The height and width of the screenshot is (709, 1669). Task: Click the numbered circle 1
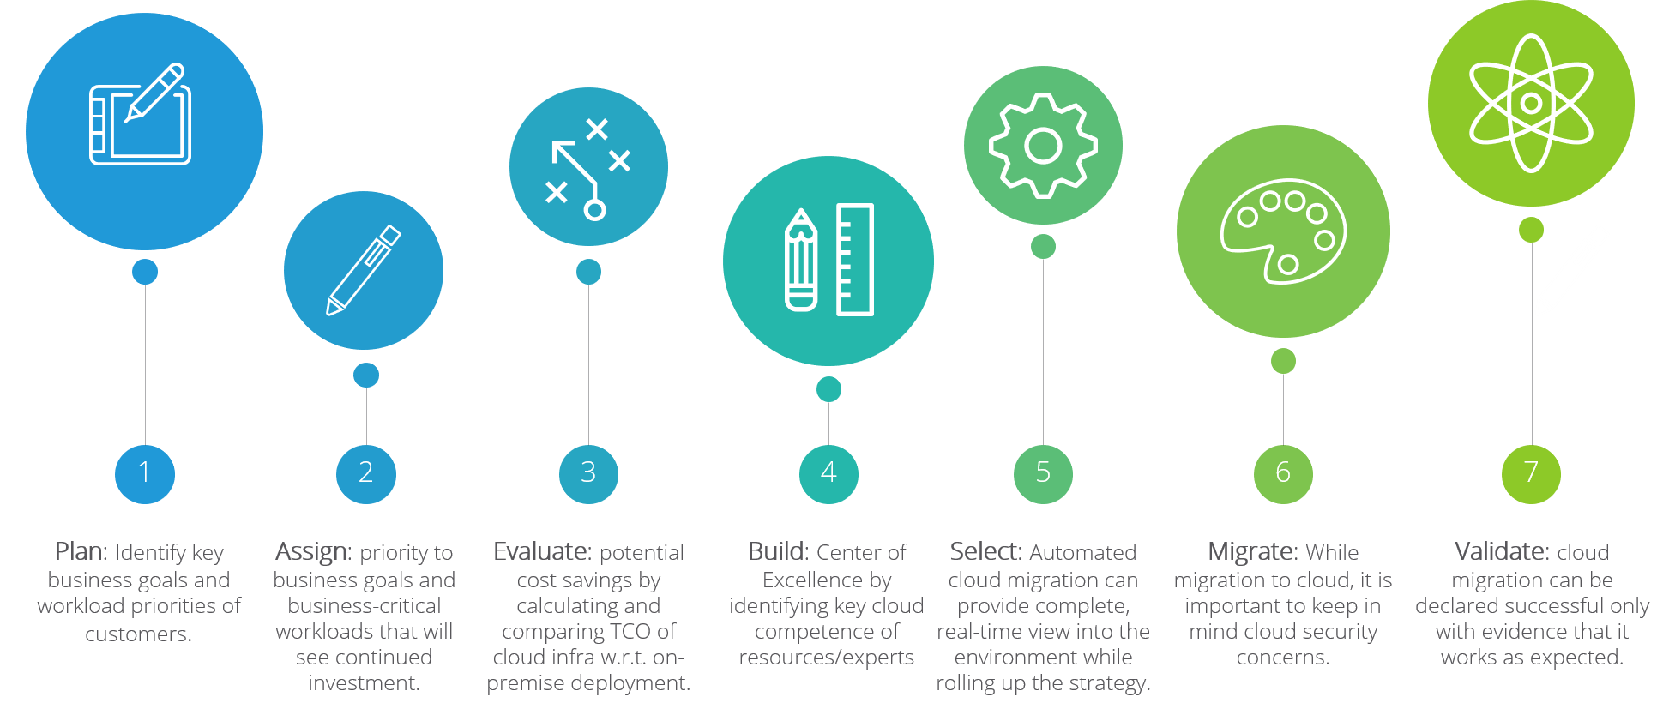tap(144, 473)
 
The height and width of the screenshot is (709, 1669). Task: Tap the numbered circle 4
tap(828, 473)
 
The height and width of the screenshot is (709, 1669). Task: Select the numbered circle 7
tap(1531, 473)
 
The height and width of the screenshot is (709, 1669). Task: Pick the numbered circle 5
tap(1043, 473)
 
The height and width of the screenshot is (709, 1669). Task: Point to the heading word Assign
tap(312, 552)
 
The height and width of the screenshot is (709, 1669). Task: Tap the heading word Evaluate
tap(542, 551)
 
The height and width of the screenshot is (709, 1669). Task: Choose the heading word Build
tap(778, 551)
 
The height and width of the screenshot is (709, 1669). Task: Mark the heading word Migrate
tap(1252, 552)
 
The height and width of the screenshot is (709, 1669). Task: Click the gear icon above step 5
tap(1043, 147)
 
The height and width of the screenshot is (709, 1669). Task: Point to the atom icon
tap(1531, 103)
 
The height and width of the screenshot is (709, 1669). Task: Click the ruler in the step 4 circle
tap(854, 260)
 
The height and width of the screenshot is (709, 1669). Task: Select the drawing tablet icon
tap(141, 115)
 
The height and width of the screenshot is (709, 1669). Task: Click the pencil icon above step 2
tap(364, 270)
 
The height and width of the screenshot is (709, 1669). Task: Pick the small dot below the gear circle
tap(1043, 247)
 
